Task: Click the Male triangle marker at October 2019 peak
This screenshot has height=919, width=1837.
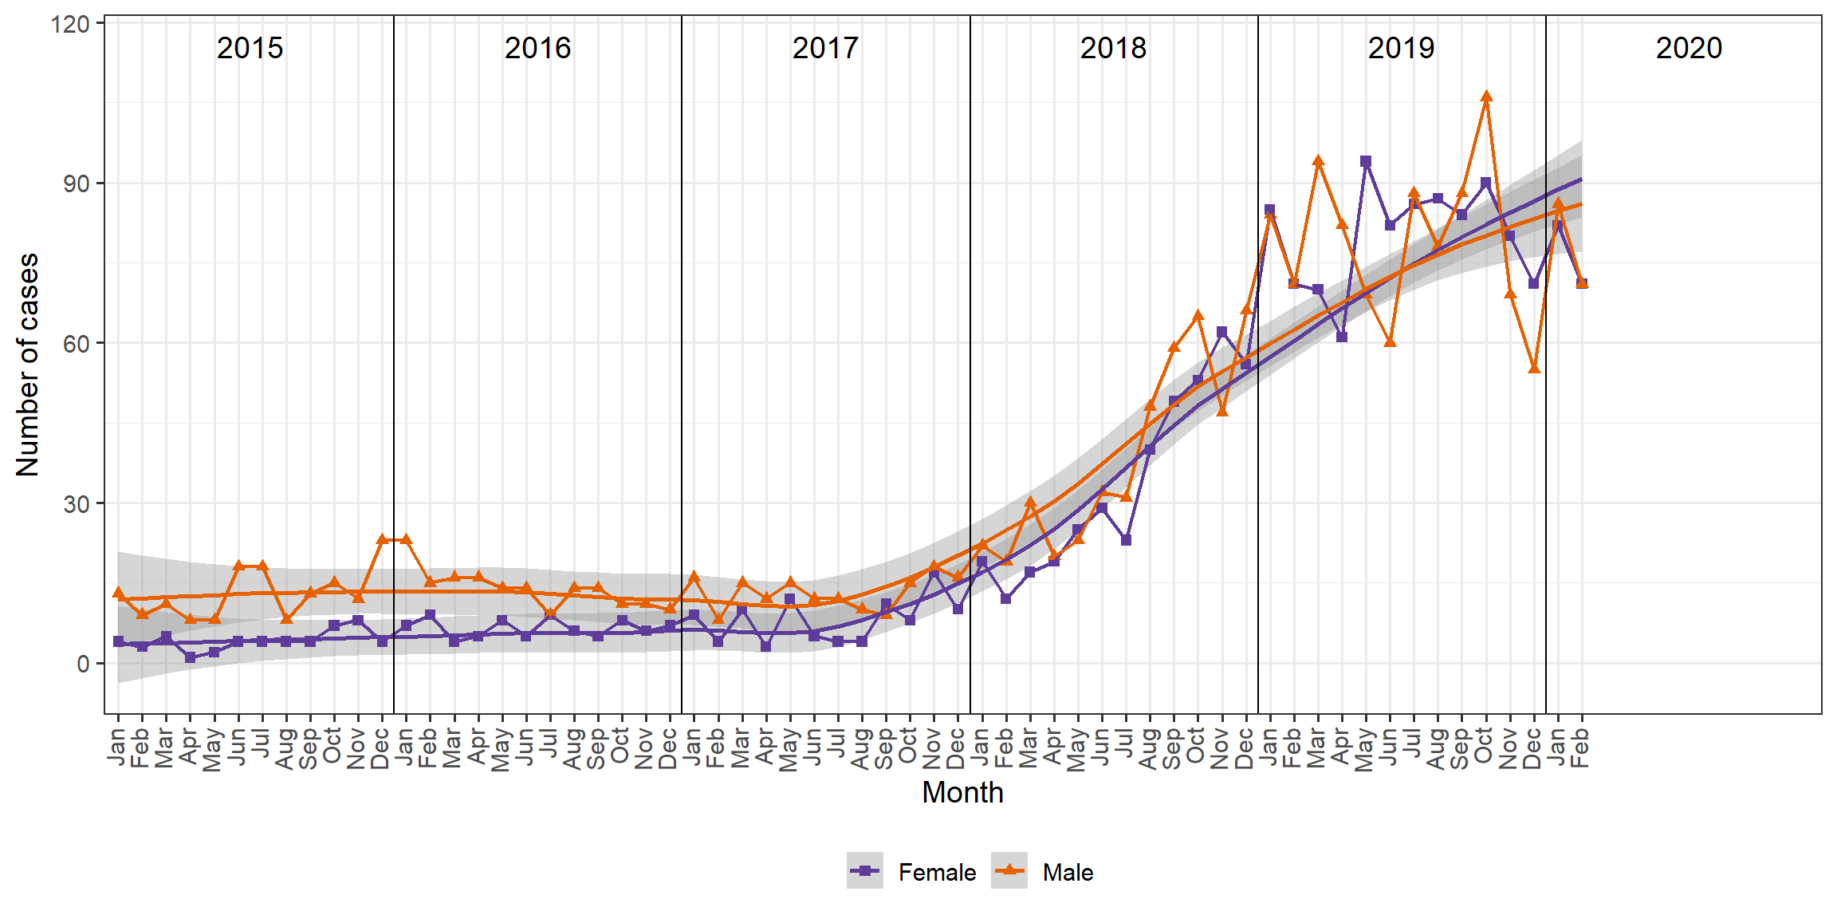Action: pyautogui.click(x=1486, y=97)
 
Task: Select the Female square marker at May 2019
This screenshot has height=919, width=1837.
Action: pyautogui.click(x=1366, y=161)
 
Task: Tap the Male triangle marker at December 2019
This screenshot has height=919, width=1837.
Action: pyautogui.click(x=1534, y=368)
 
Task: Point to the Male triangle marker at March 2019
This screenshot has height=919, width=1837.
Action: pyautogui.click(x=1318, y=161)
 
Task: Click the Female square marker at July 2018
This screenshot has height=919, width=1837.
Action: pyautogui.click(x=1126, y=540)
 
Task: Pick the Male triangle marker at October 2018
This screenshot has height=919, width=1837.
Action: pyautogui.click(x=1198, y=316)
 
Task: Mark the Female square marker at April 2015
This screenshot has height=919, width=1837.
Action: pyautogui.click(x=190, y=657)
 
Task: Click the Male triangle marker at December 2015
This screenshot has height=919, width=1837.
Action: pyautogui.click(x=382, y=540)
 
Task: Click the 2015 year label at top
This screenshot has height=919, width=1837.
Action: pyautogui.click(x=250, y=48)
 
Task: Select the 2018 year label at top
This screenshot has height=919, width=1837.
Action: pyautogui.click(x=1113, y=48)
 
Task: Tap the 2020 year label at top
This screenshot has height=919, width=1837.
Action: pyautogui.click(x=1689, y=48)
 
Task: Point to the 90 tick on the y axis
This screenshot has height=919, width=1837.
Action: pyautogui.click(x=77, y=183)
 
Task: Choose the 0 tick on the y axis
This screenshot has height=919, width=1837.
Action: pyautogui.click(x=84, y=664)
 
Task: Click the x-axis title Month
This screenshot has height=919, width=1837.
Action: pyautogui.click(x=962, y=792)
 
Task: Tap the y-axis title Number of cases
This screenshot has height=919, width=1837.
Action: pyautogui.click(x=27, y=365)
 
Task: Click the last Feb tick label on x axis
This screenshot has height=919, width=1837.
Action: pyautogui.click(x=1582, y=747)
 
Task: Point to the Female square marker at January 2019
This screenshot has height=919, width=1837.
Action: pyautogui.click(x=1269, y=210)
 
